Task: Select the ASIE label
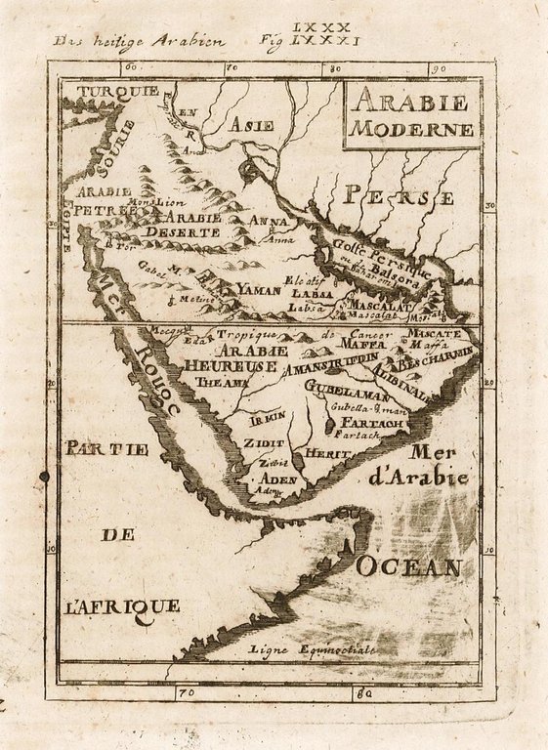(251, 125)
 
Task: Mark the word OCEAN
(408, 566)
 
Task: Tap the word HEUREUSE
(217, 364)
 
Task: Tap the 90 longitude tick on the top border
(438, 68)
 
